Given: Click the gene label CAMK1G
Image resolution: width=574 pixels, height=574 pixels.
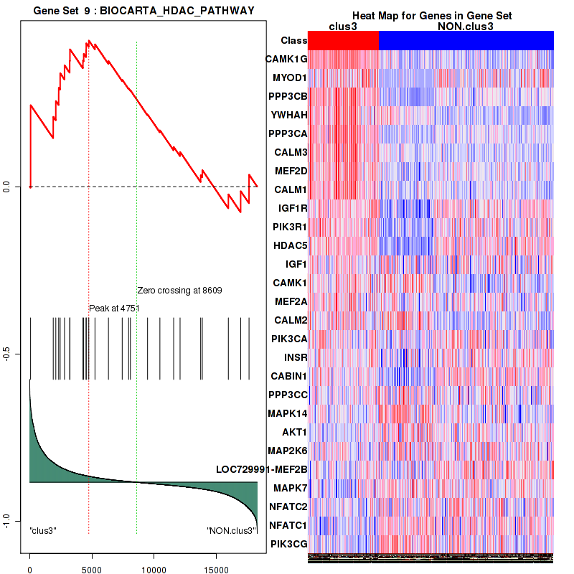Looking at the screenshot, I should (x=286, y=59).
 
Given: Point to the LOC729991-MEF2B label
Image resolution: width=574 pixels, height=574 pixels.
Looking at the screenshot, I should (x=262, y=469).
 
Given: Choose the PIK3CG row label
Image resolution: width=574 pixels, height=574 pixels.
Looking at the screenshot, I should (x=288, y=544).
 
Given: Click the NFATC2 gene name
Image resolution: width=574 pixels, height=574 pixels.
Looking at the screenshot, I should (x=288, y=507).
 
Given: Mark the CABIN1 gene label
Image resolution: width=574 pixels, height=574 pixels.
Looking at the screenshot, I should (x=288, y=376).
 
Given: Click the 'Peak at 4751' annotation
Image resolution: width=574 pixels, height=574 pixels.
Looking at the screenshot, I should (x=113, y=309).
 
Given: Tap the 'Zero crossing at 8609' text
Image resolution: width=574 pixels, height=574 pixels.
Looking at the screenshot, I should (x=179, y=291).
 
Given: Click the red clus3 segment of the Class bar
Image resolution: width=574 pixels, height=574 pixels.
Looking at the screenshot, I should (x=343, y=41).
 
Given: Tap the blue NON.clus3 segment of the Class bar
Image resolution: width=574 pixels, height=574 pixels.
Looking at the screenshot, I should (x=466, y=41).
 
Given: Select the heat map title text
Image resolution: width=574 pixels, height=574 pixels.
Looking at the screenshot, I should (x=432, y=16).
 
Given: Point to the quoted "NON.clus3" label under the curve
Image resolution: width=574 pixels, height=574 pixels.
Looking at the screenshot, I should (x=231, y=531).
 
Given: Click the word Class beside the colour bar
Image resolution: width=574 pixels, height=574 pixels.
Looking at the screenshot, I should (x=294, y=41).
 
